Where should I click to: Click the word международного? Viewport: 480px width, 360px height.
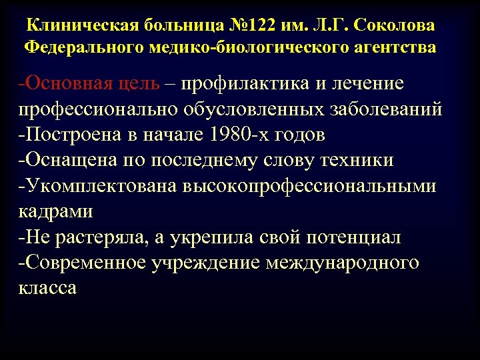[343, 262]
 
